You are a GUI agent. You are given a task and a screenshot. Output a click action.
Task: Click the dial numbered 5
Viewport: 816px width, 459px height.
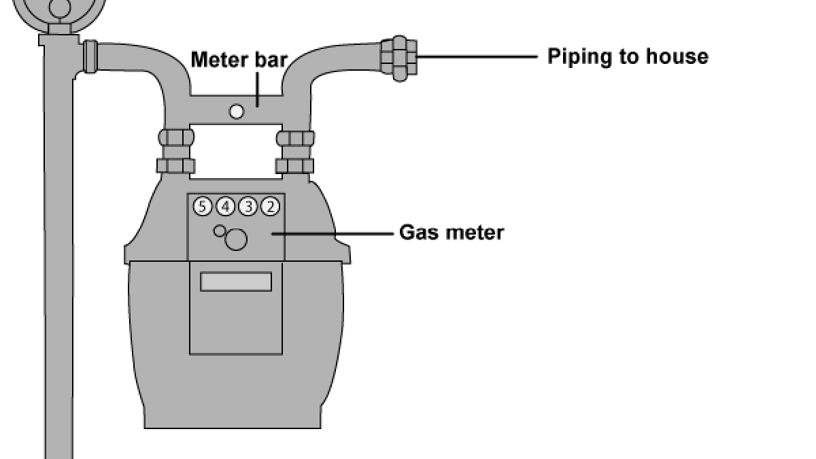tap(203, 207)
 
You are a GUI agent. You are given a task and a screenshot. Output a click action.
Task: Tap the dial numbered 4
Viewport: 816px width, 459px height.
tap(225, 207)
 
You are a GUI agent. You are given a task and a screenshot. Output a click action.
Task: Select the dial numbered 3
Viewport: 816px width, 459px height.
tap(248, 207)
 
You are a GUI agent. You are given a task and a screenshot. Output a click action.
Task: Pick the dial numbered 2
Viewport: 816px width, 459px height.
tap(271, 207)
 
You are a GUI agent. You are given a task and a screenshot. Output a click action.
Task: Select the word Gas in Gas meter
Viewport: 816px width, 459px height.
tap(418, 233)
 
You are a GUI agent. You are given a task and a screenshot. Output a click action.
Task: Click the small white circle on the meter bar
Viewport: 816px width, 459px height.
tap(237, 111)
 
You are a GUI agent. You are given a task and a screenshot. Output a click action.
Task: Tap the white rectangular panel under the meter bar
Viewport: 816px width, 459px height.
tap(236, 151)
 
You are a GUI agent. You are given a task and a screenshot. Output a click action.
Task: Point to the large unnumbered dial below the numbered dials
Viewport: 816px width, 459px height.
tap(236, 239)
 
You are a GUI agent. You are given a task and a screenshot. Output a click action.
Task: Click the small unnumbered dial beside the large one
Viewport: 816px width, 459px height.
tap(219, 231)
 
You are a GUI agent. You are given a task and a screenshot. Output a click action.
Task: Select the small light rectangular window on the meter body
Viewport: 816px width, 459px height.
tap(236, 282)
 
